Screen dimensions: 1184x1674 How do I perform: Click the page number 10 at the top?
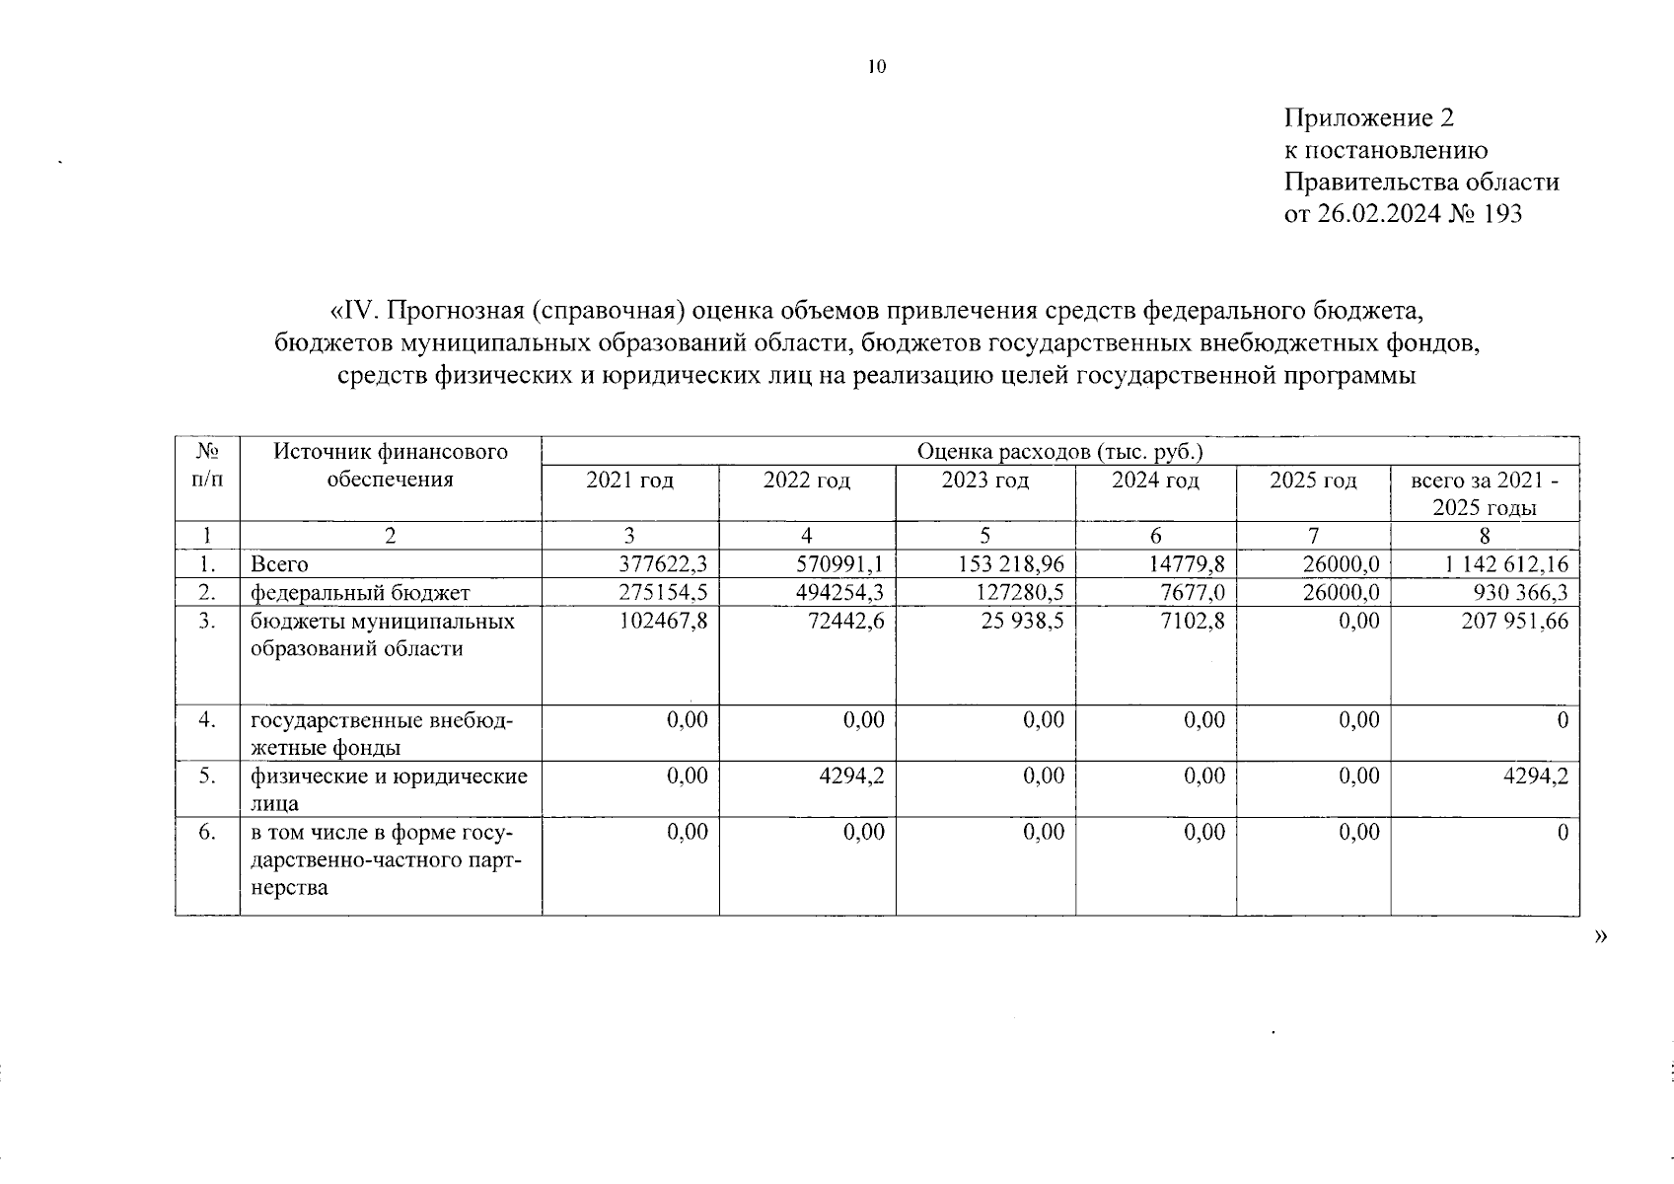(877, 67)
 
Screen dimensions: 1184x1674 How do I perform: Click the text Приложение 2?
(1368, 119)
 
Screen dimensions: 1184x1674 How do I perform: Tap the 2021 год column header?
(629, 481)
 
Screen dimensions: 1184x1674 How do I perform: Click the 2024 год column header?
(1155, 481)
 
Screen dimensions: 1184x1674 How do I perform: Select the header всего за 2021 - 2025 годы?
(1485, 494)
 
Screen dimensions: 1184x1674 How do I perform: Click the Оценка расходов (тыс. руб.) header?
(1060, 452)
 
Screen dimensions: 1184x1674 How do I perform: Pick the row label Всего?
(279, 565)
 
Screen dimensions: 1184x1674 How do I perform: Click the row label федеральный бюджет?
(360, 593)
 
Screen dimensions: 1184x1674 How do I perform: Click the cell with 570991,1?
(840, 564)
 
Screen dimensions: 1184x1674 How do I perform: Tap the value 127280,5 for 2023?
(1022, 592)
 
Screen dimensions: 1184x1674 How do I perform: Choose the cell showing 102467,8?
(664, 622)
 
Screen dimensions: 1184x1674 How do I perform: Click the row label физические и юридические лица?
(389, 789)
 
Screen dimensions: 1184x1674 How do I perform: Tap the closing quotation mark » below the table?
(1600, 936)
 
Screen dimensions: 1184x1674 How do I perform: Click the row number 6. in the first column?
(206, 832)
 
